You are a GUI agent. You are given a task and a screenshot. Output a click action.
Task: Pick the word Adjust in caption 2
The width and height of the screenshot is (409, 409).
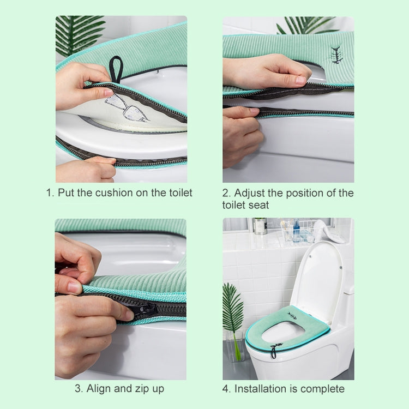[251, 193]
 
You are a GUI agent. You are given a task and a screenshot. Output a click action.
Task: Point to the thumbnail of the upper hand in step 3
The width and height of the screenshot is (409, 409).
[75, 286]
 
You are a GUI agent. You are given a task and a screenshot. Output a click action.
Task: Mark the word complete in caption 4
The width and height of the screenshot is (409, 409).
[324, 389]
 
